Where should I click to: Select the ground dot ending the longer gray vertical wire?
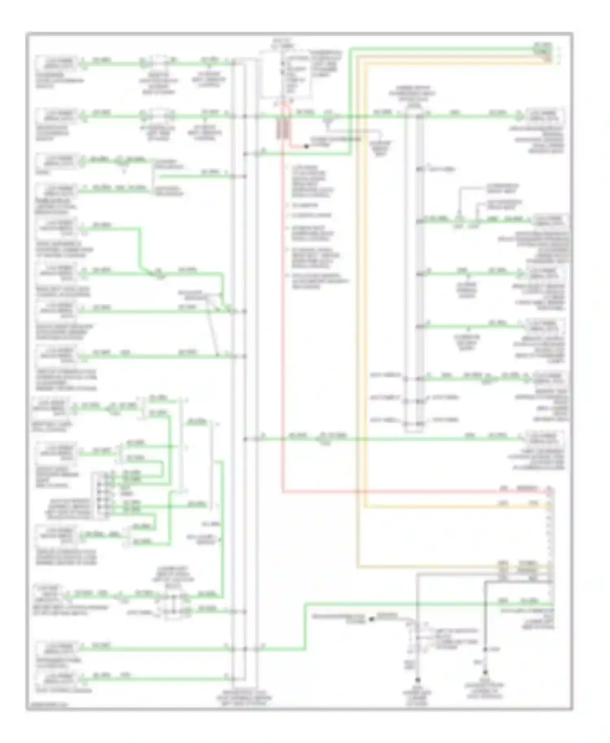(417, 680)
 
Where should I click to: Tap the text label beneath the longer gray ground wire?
(418, 696)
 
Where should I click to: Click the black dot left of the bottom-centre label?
(371, 619)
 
